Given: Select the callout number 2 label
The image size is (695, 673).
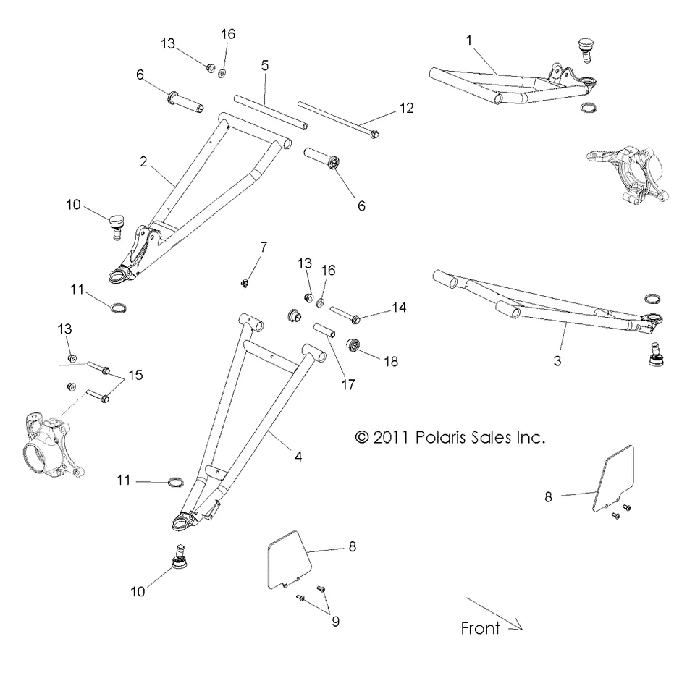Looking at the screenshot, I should [x=143, y=161].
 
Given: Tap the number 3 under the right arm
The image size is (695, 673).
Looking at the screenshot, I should [x=557, y=360].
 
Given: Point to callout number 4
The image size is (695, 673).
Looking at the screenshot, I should [x=298, y=457].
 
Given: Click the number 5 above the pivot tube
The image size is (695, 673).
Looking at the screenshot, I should [x=265, y=65].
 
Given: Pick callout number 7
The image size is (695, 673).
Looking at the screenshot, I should [x=264, y=247].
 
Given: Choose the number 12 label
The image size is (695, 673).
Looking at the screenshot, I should [x=406, y=109].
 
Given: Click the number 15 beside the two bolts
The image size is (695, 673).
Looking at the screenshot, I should [x=136, y=375].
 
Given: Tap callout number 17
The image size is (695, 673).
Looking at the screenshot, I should [x=348, y=384].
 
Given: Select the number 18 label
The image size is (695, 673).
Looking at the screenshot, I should [x=392, y=360].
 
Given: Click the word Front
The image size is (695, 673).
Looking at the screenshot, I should [x=480, y=628].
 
